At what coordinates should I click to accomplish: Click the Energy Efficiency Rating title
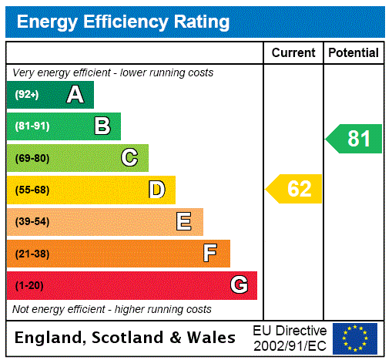[123, 22]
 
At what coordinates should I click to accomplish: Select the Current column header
[293, 52]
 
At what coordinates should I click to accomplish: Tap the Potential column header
[353, 52]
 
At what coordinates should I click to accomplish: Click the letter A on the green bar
[75, 95]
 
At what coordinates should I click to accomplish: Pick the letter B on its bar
[102, 126]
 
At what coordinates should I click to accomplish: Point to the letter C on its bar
[129, 158]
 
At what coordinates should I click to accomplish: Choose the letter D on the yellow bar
[156, 190]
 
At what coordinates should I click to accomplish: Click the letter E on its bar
[184, 222]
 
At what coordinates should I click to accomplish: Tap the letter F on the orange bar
[210, 254]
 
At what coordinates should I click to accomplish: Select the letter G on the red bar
[239, 285]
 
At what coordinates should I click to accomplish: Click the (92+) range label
[27, 95]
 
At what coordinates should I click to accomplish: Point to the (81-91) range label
[32, 126]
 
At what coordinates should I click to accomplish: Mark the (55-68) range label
[32, 190]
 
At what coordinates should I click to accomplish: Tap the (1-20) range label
[29, 285]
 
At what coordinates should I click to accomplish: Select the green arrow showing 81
[354, 139]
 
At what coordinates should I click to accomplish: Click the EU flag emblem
[355, 338]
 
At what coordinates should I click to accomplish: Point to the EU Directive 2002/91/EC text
[290, 338]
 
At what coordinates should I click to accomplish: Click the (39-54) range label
[32, 222]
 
